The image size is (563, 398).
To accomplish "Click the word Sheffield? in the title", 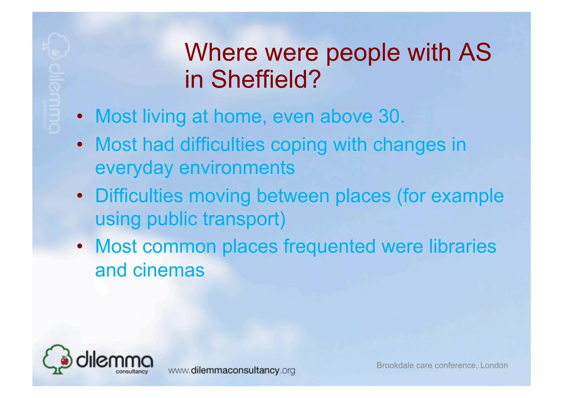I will tap(266, 79).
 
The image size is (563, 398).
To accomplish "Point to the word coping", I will tap(299, 145).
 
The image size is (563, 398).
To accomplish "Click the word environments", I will tap(237, 168).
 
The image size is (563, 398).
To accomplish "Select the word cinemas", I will tap(169, 270).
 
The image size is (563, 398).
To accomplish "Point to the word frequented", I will tap(329, 246).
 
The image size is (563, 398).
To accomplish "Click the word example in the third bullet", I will tap(467, 196).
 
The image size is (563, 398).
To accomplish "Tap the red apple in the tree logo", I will tap(65, 360).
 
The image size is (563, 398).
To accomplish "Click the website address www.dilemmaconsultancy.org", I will tap(231, 370).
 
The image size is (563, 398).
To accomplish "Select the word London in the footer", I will tap(494, 365).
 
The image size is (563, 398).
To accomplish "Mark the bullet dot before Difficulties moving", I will tap(80, 196).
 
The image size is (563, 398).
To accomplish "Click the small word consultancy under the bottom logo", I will tap(132, 372).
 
